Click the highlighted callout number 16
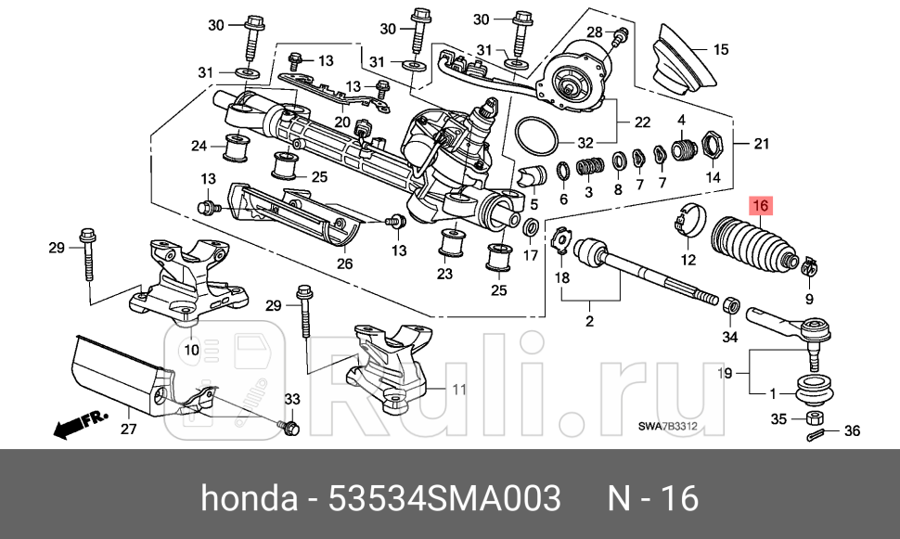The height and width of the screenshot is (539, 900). (761, 206)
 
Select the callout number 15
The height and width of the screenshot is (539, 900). (721, 48)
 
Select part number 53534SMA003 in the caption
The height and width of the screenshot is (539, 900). (445, 498)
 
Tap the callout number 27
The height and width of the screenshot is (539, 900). (128, 429)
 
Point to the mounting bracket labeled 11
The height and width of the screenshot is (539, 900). (390, 366)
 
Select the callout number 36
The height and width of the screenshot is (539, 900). (853, 431)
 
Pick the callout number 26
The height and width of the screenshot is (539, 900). (344, 263)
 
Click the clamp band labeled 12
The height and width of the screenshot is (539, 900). (688, 219)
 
